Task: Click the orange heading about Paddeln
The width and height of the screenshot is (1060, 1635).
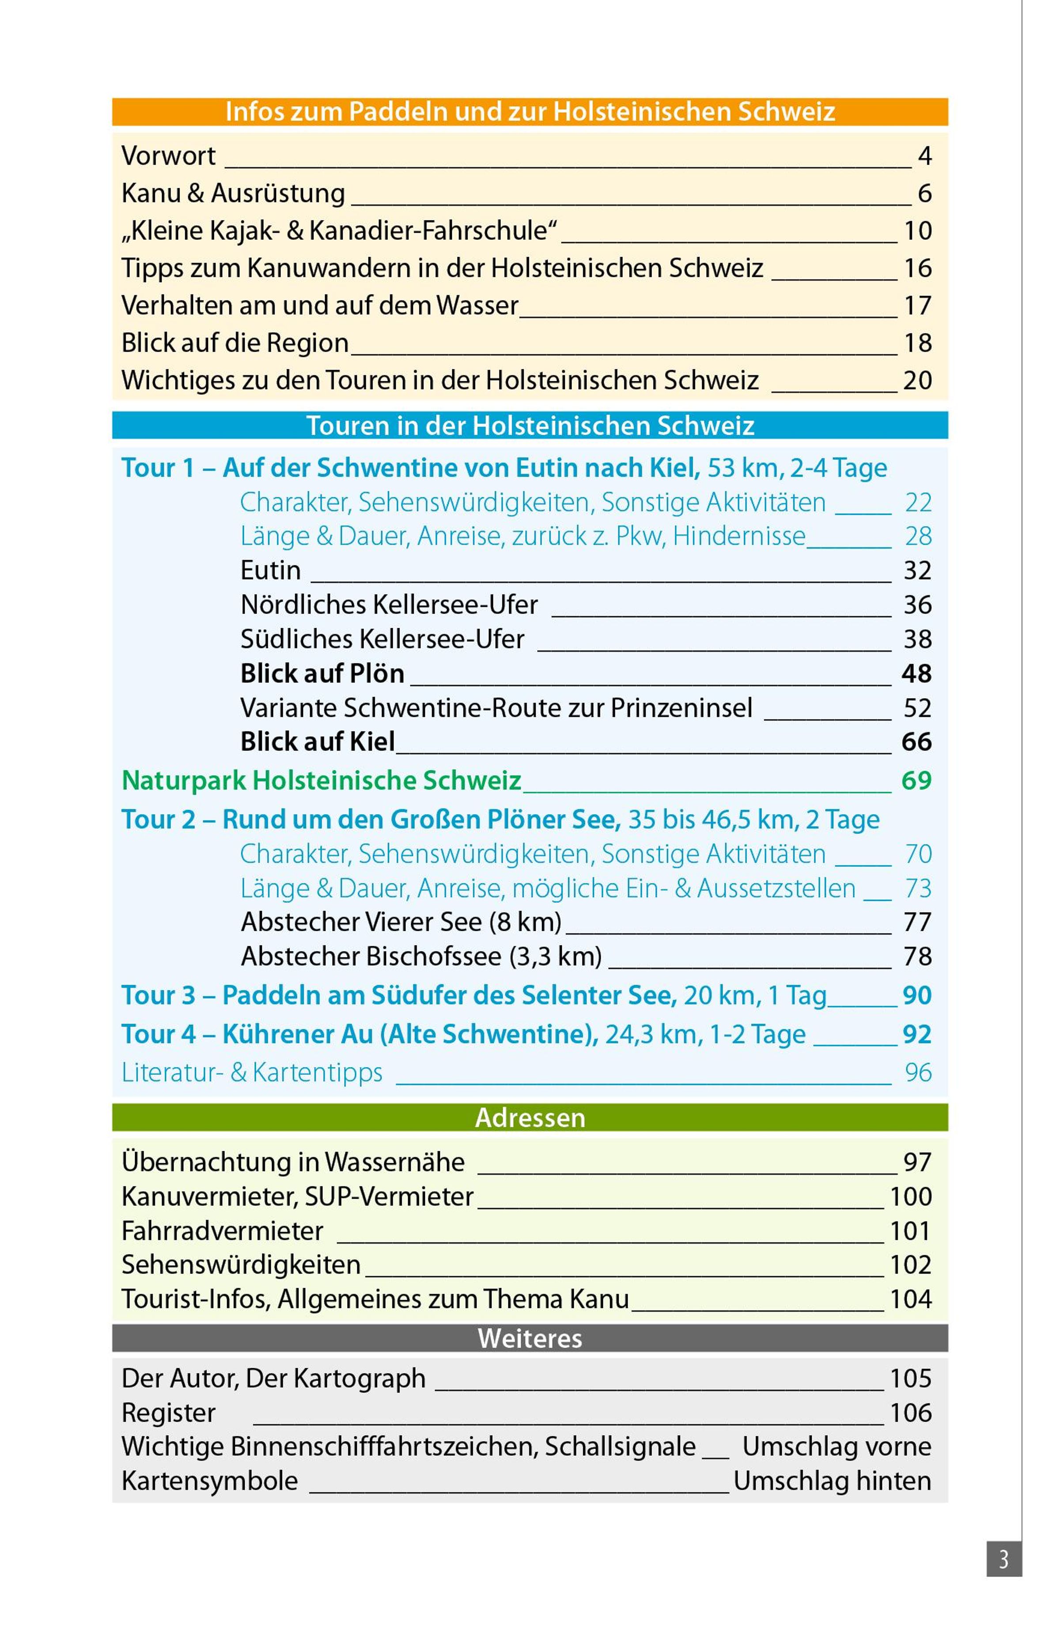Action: coord(530,111)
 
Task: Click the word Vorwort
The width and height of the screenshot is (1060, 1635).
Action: coord(168,156)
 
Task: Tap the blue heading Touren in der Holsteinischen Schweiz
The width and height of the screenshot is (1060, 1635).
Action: coord(530,426)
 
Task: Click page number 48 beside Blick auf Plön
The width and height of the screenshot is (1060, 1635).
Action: coord(916,674)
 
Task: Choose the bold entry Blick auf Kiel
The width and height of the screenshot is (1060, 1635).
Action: coord(318,742)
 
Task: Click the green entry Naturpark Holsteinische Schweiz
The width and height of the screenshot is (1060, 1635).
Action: coord(321,781)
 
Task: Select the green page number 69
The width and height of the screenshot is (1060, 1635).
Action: coord(916,781)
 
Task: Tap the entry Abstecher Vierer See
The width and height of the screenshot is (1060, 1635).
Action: coord(401,922)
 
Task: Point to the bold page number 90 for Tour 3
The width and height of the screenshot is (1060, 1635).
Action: coord(917,995)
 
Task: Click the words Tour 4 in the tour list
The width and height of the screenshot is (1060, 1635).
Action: coord(158,1034)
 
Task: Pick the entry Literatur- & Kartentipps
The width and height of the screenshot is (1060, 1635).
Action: coord(252,1072)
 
